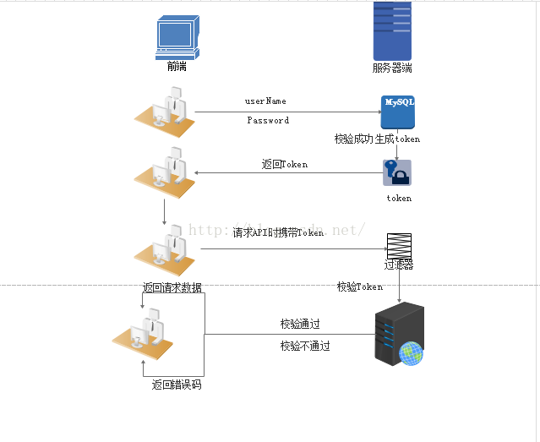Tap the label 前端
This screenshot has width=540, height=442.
tap(177, 67)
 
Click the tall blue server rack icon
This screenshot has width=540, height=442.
tap(392, 30)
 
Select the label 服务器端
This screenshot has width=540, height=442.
tap(392, 68)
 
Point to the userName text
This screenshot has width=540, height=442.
tap(265, 101)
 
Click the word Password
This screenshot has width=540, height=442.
tap(268, 121)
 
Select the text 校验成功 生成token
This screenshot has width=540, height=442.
tap(377, 139)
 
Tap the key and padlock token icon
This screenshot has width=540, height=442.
tap(397, 173)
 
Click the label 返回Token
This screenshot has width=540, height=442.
tap(285, 165)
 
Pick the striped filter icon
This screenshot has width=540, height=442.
tap(399, 246)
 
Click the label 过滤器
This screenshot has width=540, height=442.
tap(399, 265)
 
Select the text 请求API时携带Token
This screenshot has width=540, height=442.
tap(278, 232)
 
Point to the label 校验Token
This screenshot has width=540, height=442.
tap(360, 287)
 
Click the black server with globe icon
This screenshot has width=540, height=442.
tap(397, 336)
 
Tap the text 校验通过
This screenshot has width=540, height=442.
tap(300, 325)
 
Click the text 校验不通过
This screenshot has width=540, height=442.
tap(305, 347)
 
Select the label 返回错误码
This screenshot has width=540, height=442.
tap(177, 385)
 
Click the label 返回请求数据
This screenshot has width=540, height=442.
tap(172, 288)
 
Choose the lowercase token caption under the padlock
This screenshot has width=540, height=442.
tap(399, 199)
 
